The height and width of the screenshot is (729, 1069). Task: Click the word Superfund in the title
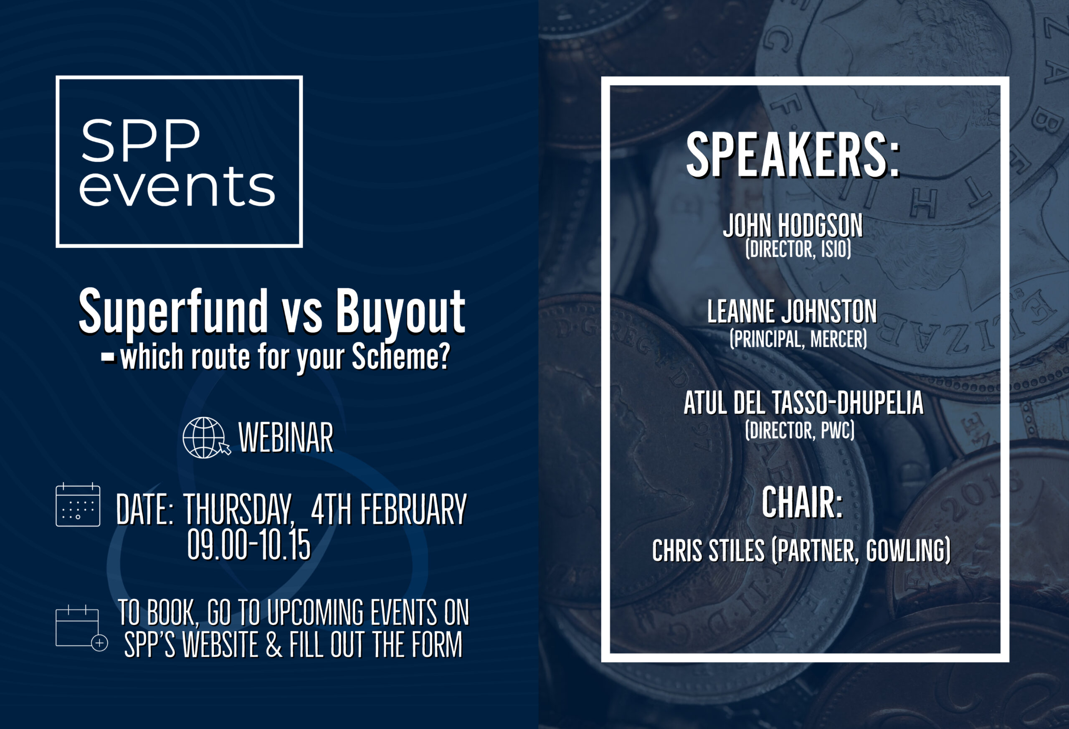[x=173, y=311]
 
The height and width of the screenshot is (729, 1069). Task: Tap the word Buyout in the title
[x=400, y=311]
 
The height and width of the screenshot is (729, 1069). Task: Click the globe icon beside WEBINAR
[x=205, y=438]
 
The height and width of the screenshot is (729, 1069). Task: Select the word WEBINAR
[x=286, y=438]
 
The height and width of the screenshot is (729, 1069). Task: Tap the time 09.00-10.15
[x=249, y=544]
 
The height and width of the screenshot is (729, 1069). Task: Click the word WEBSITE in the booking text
[x=220, y=645]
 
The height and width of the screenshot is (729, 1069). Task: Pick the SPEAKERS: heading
[x=792, y=155]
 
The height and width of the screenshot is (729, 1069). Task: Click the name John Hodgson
[x=793, y=225]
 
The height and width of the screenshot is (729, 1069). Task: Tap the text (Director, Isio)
[x=798, y=249]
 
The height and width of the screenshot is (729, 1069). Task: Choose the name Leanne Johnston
[x=792, y=311]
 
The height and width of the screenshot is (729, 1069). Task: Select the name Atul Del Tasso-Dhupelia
[x=803, y=403]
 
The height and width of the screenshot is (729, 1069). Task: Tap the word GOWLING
[x=908, y=551]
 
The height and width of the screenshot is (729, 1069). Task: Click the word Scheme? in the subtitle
[x=400, y=357]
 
